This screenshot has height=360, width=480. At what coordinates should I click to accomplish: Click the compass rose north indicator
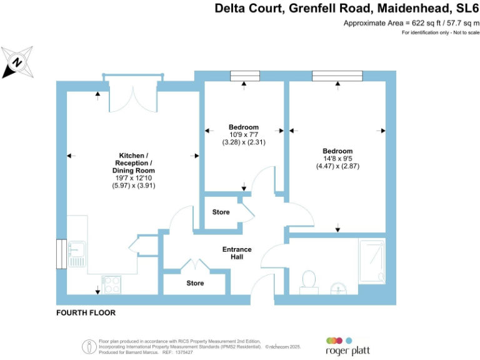click(17, 62)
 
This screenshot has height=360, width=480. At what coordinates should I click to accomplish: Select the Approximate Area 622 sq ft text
click(409, 23)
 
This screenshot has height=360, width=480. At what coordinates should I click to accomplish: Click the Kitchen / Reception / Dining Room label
click(133, 162)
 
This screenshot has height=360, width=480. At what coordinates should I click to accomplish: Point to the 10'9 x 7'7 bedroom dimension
click(242, 134)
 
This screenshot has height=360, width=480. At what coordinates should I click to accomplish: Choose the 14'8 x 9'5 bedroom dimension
click(337, 159)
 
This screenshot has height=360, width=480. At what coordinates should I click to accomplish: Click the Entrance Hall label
click(237, 253)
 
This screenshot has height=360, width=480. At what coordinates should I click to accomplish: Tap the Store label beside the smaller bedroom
click(221, 212)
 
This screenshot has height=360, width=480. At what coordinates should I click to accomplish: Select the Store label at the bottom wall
click(195, 283)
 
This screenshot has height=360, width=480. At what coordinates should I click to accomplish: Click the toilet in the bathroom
click(308, 279)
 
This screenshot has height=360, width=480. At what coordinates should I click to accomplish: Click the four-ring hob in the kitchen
click(111, 284)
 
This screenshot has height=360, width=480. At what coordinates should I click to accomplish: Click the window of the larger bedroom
click(337, 76)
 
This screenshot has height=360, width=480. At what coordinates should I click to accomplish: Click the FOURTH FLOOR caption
click(86, 312)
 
